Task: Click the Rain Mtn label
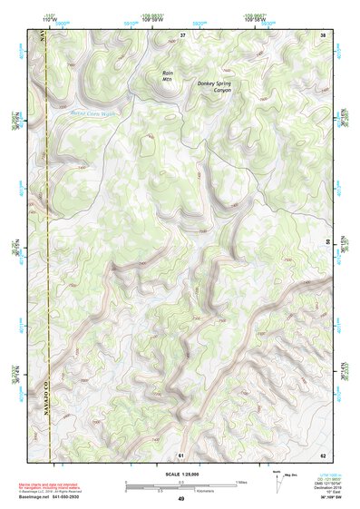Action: tap(167, 75)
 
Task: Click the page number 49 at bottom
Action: tap(180, 500)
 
